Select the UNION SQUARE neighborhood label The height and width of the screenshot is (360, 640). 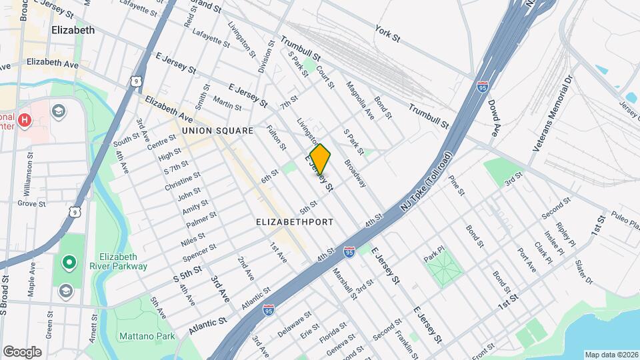pyautogui.click(x=217, y=131)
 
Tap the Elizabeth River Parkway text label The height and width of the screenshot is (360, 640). pyautogui.click(x=123, y=261)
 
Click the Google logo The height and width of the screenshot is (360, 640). pyautogui.click(x=22, y=351)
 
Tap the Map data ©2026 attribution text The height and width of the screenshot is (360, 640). pyautogui.click(x=611, y=355)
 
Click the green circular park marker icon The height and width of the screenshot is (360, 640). pyautogui.click(x=68, y=262)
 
